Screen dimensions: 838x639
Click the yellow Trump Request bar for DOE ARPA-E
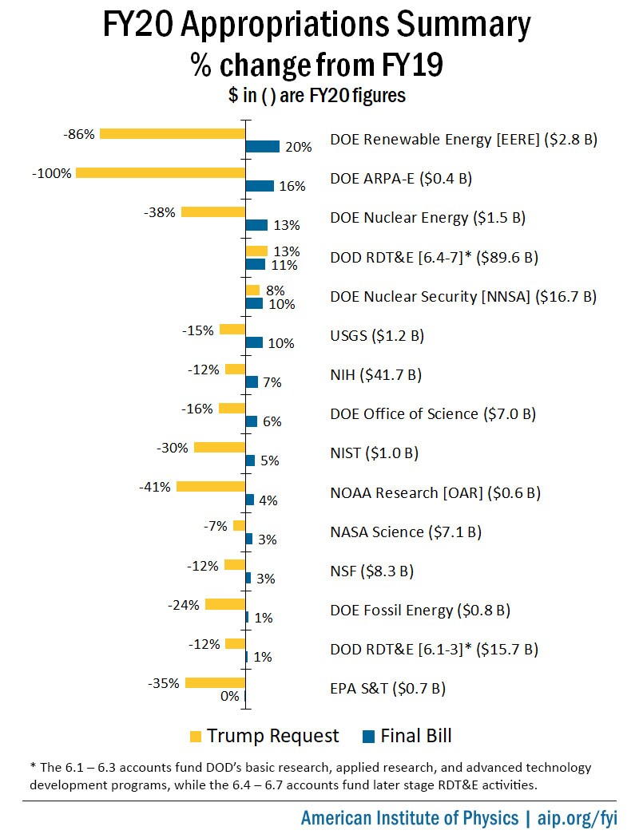pyautogui.click(x=160, y=172)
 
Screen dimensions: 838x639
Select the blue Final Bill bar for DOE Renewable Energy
pyautogui.click(x=263, y=146)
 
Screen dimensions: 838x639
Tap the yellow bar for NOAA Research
pyautogui.click(x=211, y=486)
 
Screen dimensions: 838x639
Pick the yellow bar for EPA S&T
pyautogui.click(x=215, y=682)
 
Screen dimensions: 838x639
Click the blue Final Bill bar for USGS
pyautogui.click(x=254, y=342)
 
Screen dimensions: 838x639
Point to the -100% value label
pyautogui.click(x=52, y=173)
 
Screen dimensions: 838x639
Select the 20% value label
pyautogui.click(x=298, y=147)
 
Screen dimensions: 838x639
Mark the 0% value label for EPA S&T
pyautogui.click(x=229, y=696)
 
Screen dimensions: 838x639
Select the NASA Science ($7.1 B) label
pyautogui.click(x=406, y=532)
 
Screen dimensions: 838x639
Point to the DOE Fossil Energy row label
pyautogui.click(x=420, y=611)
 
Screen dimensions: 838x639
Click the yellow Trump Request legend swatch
pyautogui.click(x=196, y=736)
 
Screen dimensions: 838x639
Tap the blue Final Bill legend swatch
pyautogui.click(x=368, y=736)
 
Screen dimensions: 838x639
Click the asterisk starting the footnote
pyautogui.click(x=33, y=767)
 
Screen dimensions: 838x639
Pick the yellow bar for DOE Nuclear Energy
pyautogui.click(x=213, y=211)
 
